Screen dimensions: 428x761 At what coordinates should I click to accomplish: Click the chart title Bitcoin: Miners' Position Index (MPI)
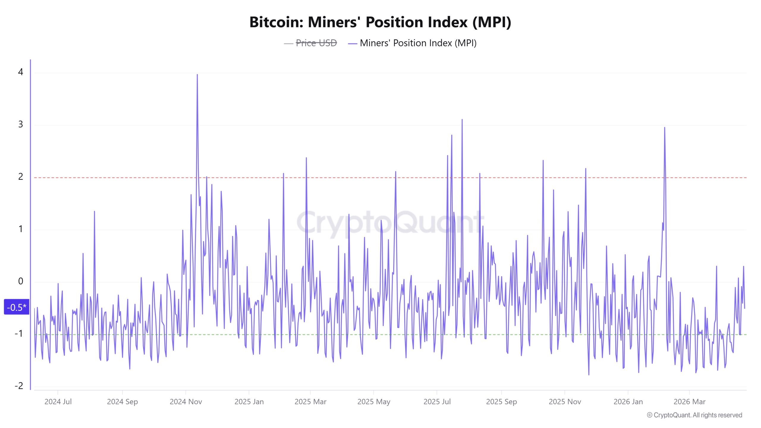coord(380,22)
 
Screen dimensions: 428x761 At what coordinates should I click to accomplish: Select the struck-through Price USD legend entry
coord(316,43)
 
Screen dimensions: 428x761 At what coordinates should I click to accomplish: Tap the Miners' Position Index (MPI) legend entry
coord(418,43)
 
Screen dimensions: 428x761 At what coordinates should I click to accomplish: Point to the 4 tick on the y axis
coord(21,72)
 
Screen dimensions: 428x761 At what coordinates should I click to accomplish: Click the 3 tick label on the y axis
coord(21,124)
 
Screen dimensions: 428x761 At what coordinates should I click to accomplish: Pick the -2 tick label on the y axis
coord(19,386)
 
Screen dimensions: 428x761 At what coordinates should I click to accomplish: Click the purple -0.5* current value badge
coord(17,307)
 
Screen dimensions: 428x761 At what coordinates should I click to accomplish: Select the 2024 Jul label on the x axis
coord(58,402)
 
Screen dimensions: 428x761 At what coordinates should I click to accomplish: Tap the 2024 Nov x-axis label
coord(186,402)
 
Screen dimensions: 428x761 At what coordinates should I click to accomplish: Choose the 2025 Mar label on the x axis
coord(310,402)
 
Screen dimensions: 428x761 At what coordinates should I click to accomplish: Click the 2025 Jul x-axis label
coord(437,402)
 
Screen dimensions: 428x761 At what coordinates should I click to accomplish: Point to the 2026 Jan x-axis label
coord(628,402)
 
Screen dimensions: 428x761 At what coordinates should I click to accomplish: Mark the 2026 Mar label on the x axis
coord(689,402)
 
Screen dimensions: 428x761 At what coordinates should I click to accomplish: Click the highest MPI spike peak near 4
coord(197,75)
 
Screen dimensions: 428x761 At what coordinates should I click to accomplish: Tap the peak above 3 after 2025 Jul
coord(462,120)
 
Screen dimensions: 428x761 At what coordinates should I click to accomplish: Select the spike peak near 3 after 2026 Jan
coord(665,128)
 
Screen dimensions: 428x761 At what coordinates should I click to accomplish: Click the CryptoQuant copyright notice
coord(694,415)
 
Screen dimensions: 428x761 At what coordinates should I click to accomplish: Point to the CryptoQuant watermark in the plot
coord(389,222)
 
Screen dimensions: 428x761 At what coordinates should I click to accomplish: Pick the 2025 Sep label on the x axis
coord(501,402)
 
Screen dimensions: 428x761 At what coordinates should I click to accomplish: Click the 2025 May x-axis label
coord(374,402)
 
